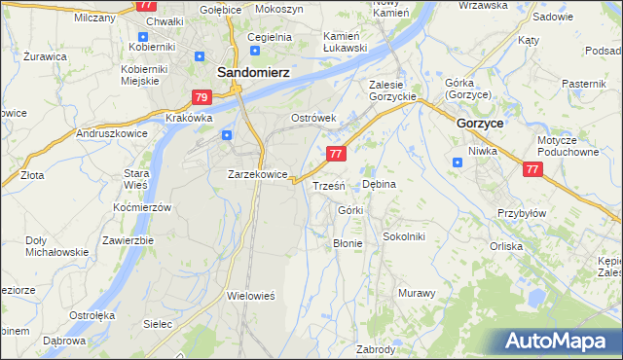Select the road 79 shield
click(202, 97)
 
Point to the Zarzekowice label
click(257, 174)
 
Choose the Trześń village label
click(328, 185)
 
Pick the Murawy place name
click(416, 292)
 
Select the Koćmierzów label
click(142, 207)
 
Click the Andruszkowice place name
click(111, 133)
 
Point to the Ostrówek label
click(313, 118)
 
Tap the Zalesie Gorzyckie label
click(392, 90)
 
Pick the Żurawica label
click(46, 56)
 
